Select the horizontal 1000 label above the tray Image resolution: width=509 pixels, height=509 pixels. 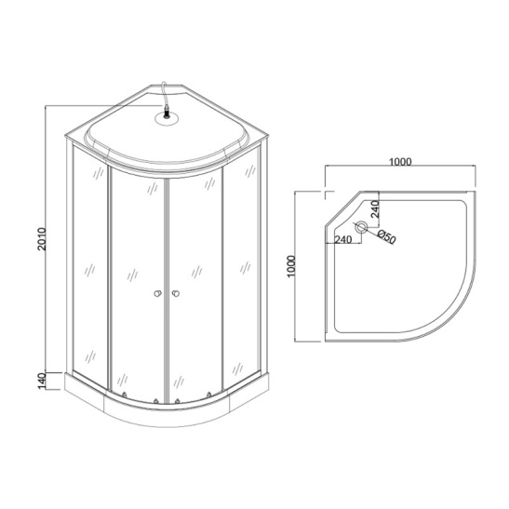point(400,161)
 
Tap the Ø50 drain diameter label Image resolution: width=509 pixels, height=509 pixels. point(387,237)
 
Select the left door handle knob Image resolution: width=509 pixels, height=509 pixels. point(156,295)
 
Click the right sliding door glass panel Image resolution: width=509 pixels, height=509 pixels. point(195,279)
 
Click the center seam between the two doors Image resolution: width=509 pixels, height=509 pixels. point(166,279)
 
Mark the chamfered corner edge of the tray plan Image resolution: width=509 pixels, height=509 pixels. point(339,208)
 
